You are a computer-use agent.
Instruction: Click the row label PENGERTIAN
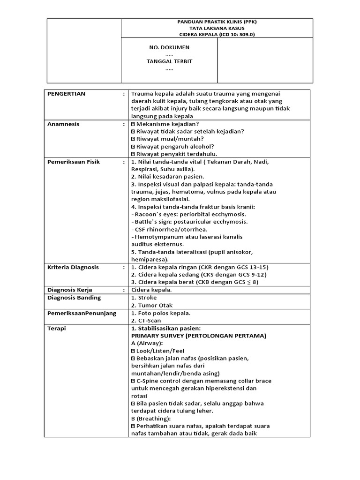coord(67,94)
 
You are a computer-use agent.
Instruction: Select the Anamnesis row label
coord(64,124)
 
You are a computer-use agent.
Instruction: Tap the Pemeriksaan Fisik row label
coord(74,162)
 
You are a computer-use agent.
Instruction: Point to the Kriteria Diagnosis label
coord(73,267)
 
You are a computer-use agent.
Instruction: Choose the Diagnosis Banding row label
coord(74,298)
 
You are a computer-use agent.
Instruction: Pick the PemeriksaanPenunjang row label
coord(82,313)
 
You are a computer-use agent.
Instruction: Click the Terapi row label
coord(57,328)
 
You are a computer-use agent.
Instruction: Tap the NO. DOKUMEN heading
coord(169,48)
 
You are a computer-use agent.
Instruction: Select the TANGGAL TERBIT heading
coord(169,61)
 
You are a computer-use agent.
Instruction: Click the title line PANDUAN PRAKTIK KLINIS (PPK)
coord(217,22)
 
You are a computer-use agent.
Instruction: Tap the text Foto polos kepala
coord(161,313)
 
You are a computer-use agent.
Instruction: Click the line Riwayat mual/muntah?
coord(170,139)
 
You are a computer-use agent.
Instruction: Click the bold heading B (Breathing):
coord(151,418)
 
